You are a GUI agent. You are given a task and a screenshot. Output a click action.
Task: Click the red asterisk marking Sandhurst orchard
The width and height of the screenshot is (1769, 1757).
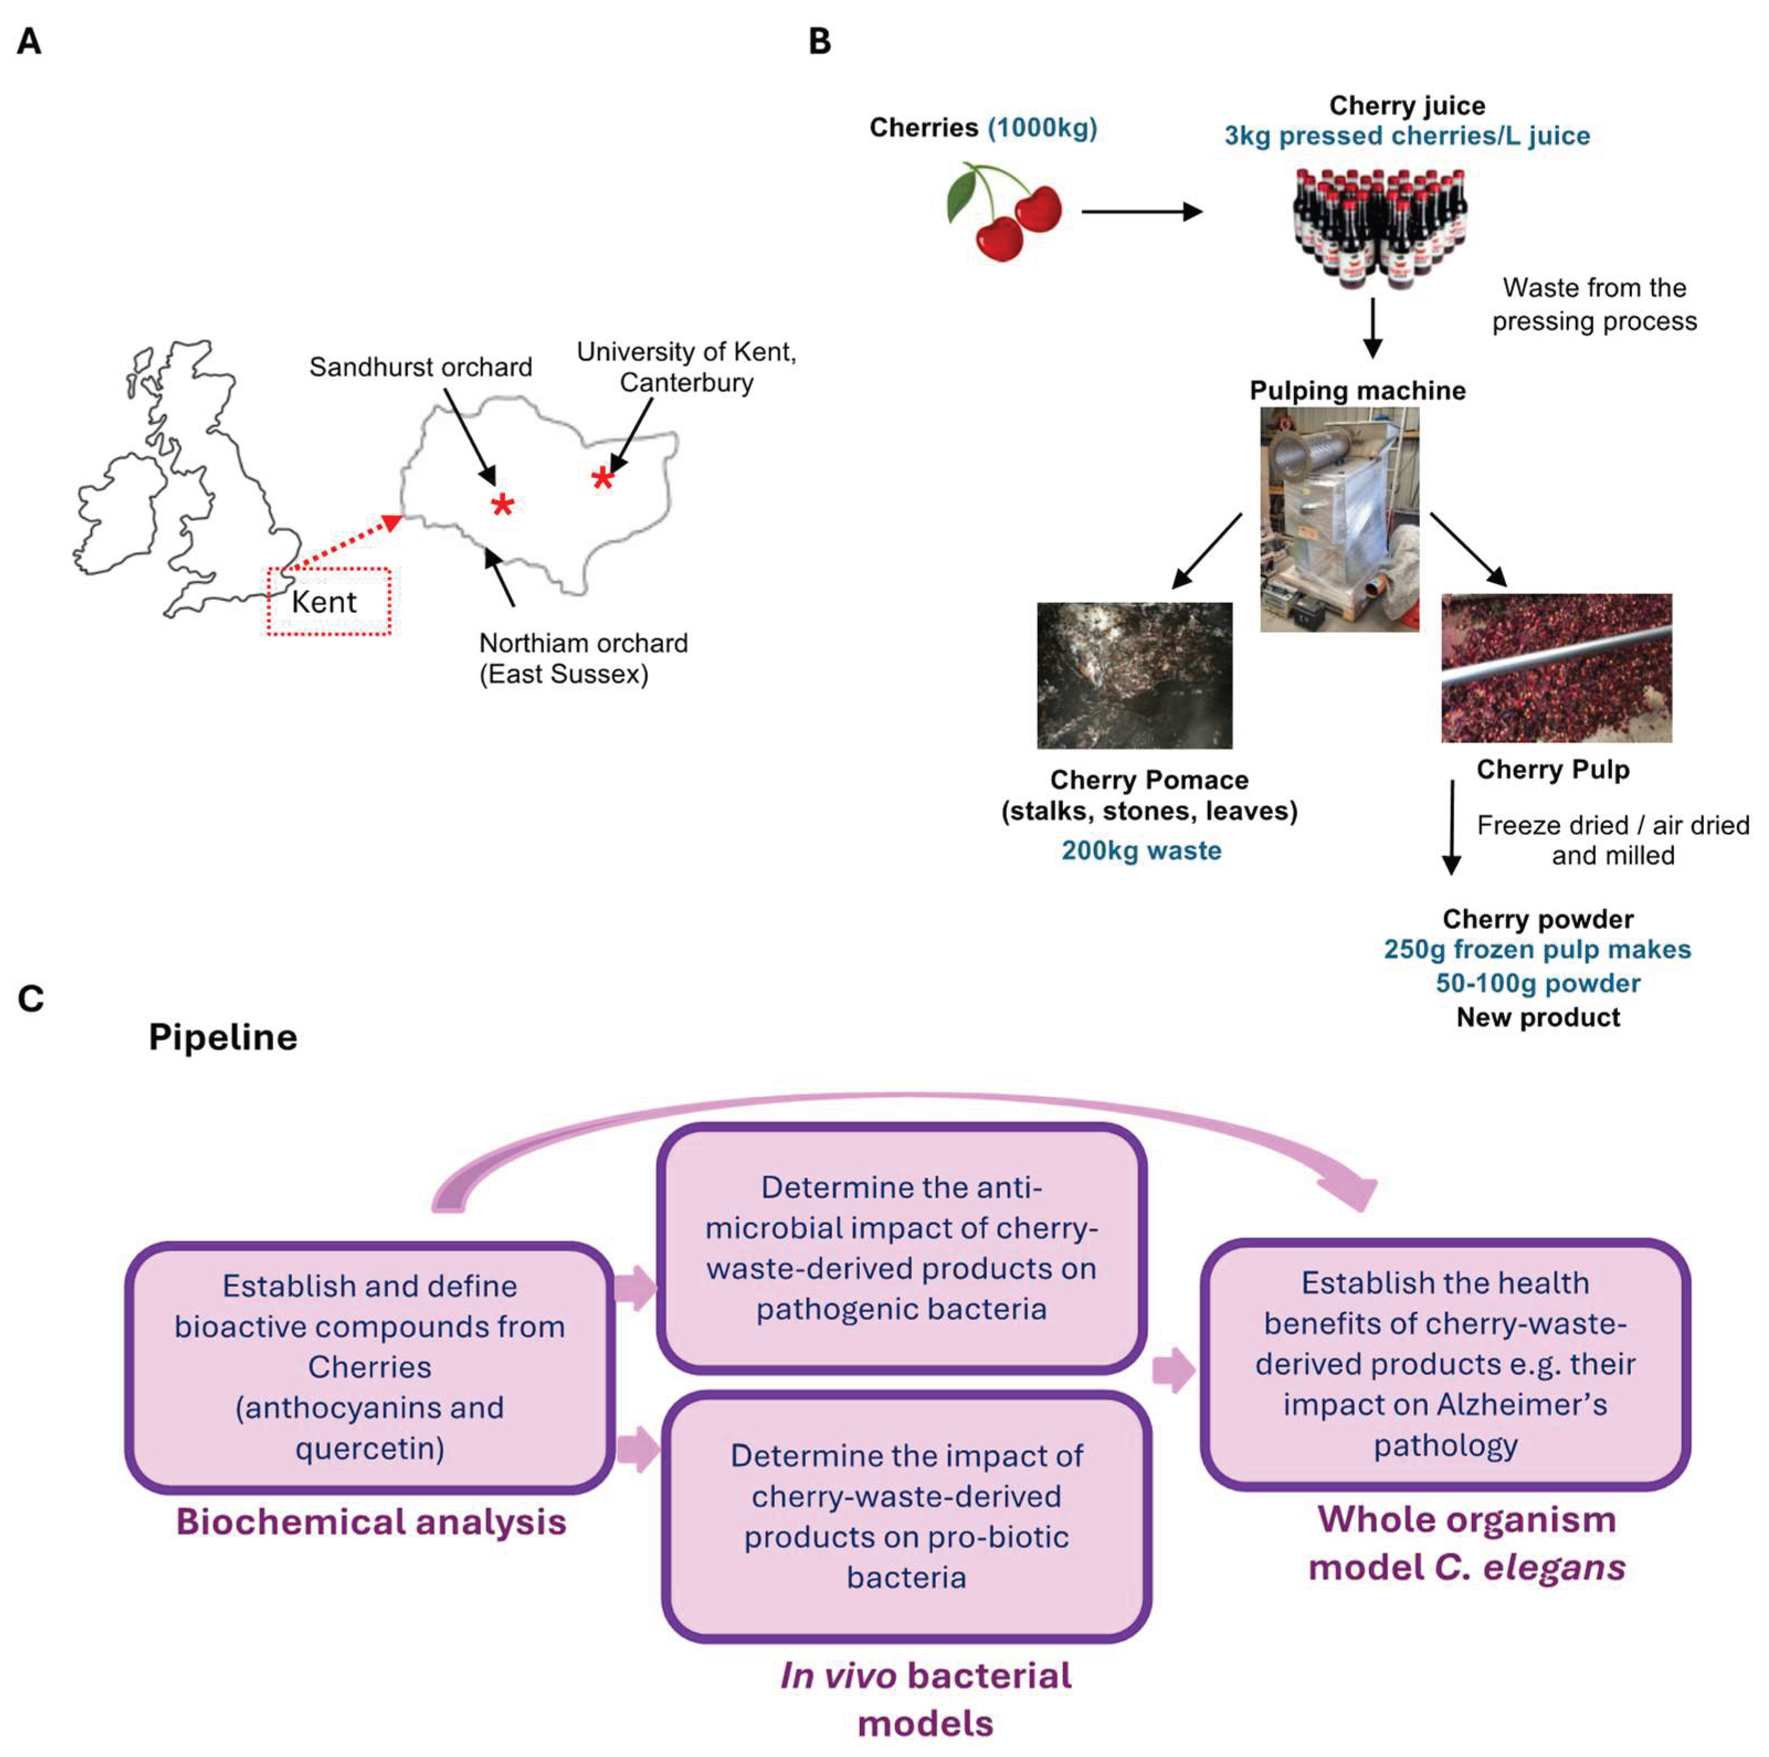point(502,505)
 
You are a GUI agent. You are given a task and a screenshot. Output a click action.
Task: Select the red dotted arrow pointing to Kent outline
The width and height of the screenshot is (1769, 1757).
point(344,545)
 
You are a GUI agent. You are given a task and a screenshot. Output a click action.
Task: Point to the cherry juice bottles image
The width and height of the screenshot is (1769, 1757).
point(1379,229)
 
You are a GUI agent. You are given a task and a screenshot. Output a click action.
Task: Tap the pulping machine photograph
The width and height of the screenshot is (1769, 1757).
point(1339,519)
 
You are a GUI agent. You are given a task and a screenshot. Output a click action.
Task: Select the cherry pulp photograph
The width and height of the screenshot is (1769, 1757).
point(1556,668)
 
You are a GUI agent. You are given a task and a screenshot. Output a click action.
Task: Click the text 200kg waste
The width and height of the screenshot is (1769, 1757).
point(1141,850)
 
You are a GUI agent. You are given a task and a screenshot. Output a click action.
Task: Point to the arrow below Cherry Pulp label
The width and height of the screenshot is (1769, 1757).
point(1451,827)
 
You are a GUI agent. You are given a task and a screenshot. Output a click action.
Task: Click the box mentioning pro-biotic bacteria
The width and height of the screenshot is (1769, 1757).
point(906,1516)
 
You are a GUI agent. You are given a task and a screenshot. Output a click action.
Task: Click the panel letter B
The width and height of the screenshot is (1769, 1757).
point(820,41)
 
